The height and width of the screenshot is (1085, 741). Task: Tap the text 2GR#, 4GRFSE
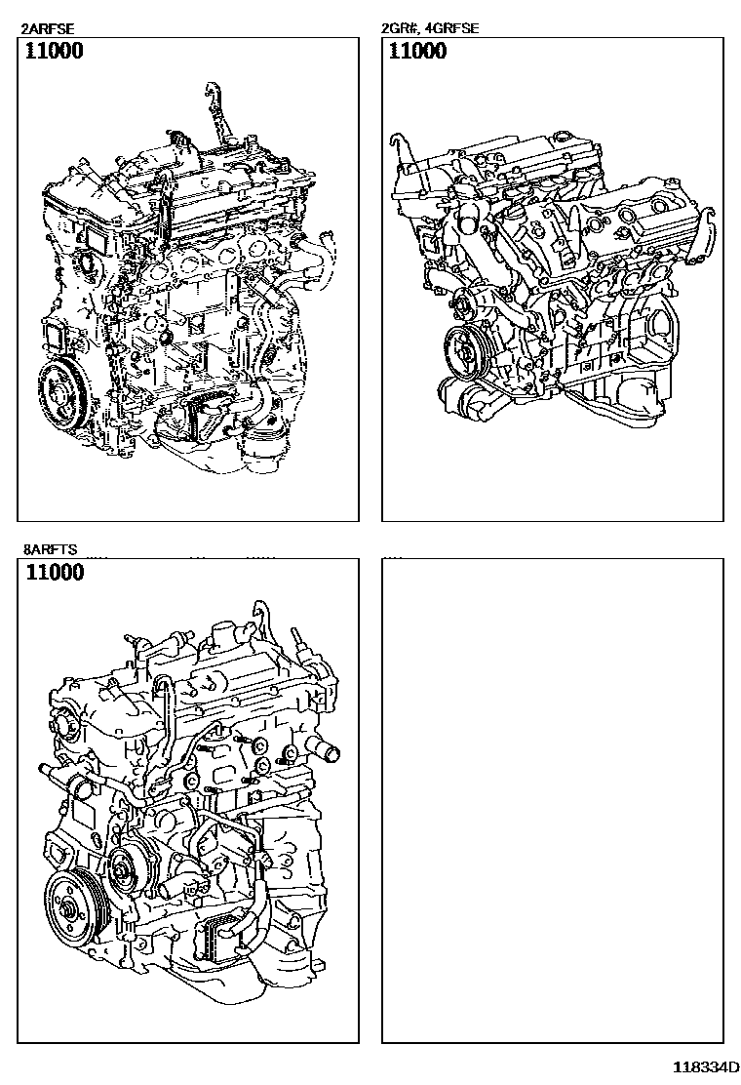tap(430, 28)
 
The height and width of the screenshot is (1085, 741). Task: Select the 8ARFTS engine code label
tap(51, 550)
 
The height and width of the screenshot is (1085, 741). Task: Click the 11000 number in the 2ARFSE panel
tap(54, 51)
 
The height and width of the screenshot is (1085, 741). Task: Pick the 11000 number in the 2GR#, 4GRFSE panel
tap(417, 51)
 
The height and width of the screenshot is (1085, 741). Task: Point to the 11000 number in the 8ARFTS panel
tap(55, 572)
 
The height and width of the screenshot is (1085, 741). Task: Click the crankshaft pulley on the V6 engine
tap(464, 352)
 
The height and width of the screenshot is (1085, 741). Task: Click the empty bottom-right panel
tap(552, 800)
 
